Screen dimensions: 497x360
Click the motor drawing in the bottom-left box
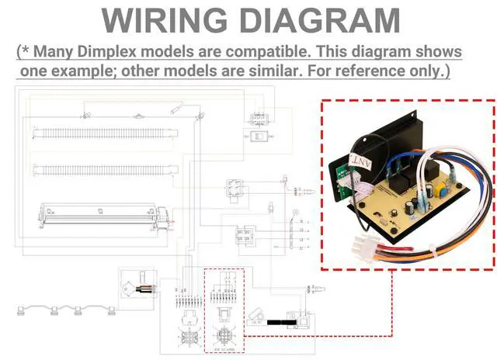pyautogui.click(x=143, y=285)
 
